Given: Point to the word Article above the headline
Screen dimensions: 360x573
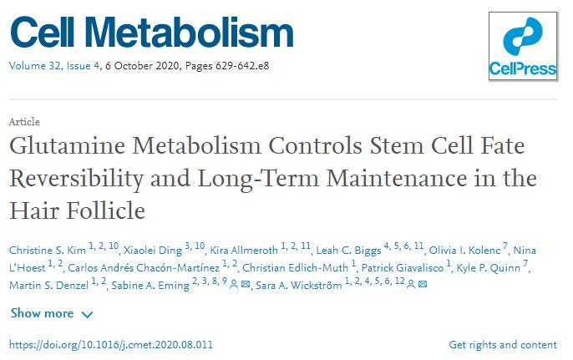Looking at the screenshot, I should click(24, 122).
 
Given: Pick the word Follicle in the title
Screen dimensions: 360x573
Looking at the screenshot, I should click(109, 210).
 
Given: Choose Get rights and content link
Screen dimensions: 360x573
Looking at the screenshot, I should click(502, 345).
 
